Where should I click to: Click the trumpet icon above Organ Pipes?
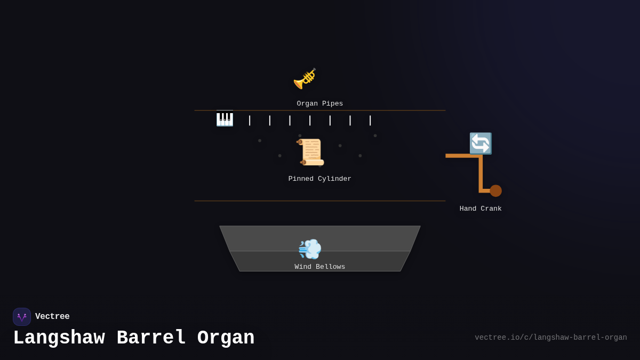305,78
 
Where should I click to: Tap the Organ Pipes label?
320,103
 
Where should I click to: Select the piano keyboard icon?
225,118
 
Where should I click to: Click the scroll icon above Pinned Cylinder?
311,152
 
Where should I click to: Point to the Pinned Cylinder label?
320,179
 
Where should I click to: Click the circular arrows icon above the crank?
480,143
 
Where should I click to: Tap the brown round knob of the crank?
495,191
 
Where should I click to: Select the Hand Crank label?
481,209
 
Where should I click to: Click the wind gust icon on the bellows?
310,249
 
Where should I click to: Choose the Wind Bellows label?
320,267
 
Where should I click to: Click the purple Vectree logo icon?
22,317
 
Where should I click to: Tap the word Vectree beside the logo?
52,317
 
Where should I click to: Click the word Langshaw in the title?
59,338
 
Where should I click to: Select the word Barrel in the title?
151,338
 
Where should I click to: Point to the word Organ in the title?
226,338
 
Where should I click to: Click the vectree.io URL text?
550,338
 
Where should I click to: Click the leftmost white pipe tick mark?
250,121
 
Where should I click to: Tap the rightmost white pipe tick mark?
370,121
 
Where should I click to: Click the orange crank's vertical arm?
481,173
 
